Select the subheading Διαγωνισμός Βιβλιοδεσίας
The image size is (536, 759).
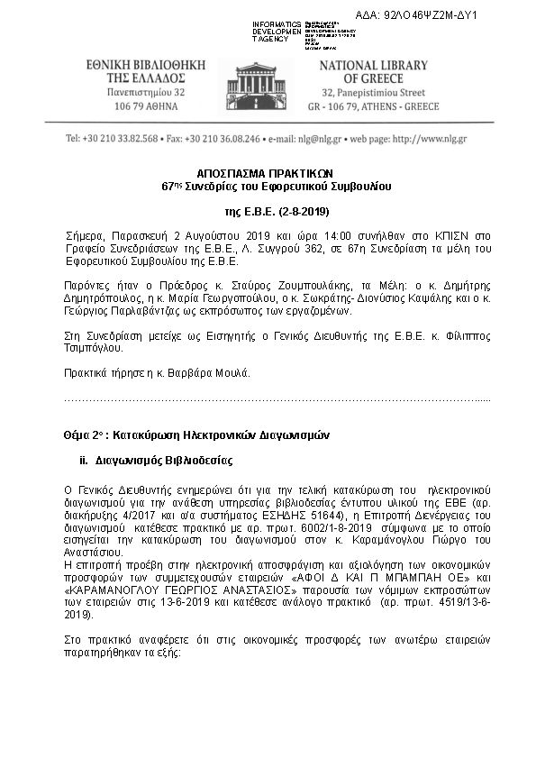pos(162,461)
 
